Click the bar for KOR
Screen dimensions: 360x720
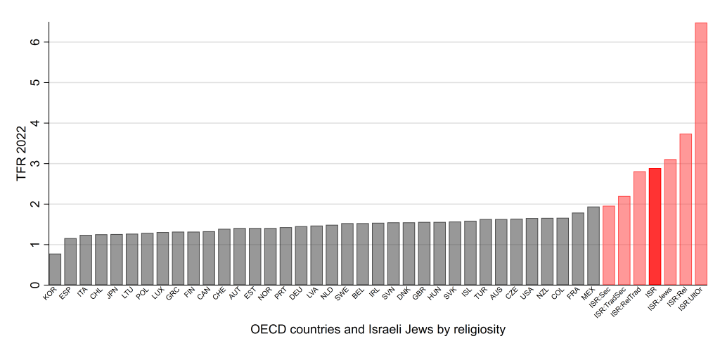[x=55, y=270]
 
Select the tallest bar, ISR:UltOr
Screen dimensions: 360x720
[x=701, y=155]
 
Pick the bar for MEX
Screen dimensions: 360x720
[x=593, y=246]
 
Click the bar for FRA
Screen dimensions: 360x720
[x=578, y=249]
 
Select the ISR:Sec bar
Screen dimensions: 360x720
[x=609, y=246]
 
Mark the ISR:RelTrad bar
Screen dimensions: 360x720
[x=639, y=229]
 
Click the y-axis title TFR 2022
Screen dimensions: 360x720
[x=22, y=153]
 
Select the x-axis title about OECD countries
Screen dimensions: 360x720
[x=378, y=329]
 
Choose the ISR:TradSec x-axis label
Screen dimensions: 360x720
[x=612, y=303]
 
